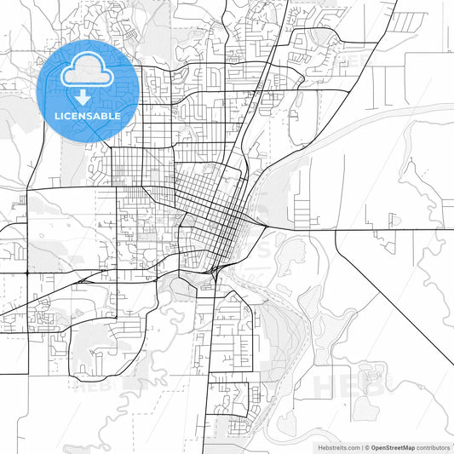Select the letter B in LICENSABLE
pyautogui.click(x=106, y=115)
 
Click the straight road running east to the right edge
pyautogui.click(x=400, y=231)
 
